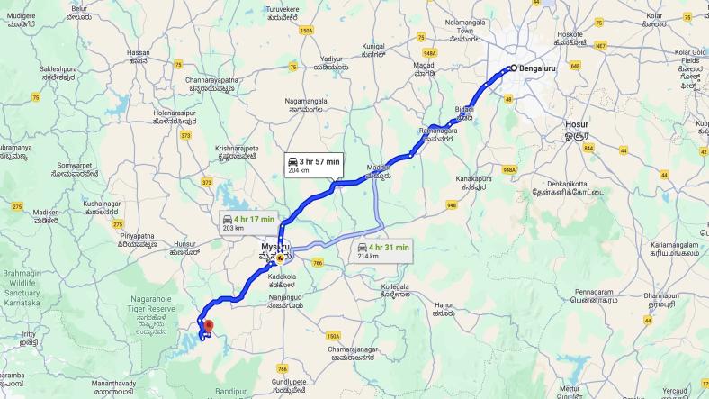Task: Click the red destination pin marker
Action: tap(208, 326)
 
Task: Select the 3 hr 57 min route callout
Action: tap(313, 164)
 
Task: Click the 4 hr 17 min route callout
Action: tap(248, 222)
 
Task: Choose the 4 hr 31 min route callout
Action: tap(382, 249)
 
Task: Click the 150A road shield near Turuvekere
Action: tap(307, 30)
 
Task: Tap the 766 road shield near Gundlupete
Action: tap(283, 368)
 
